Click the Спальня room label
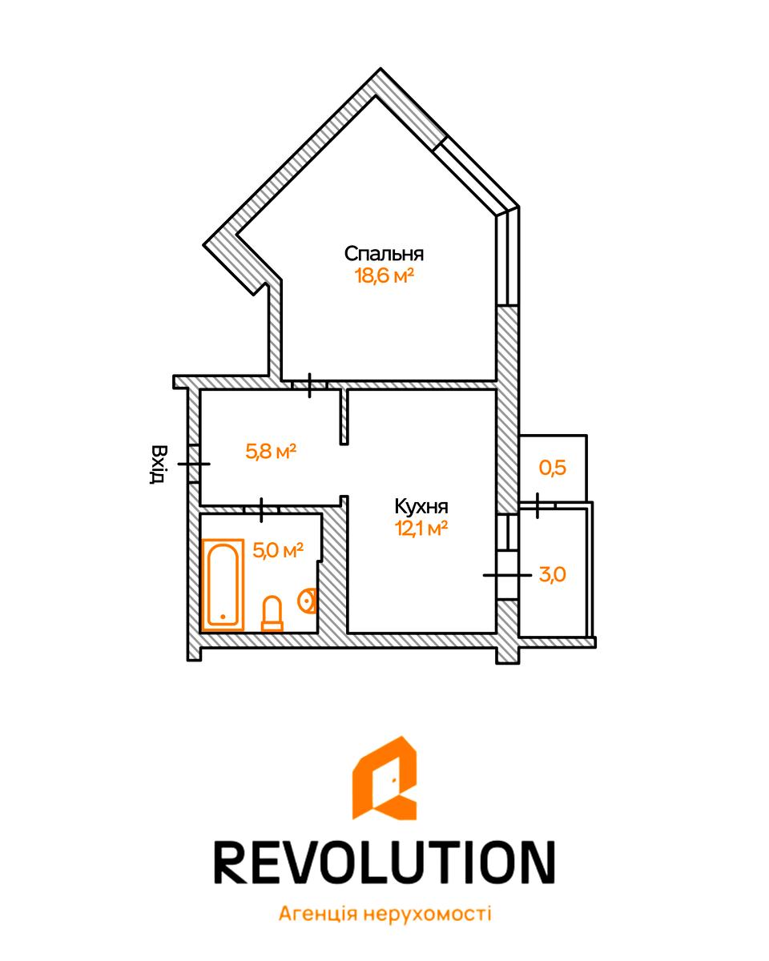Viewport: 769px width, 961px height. coord(384,254)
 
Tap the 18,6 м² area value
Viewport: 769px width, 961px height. coord(384,275)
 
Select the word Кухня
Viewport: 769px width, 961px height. coord(421,507)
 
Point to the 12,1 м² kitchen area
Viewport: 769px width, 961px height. coord(421,529)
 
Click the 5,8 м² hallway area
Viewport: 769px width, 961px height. coord(271,452)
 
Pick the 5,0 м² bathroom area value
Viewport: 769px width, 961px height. coord(278,550)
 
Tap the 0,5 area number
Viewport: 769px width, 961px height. coord(552,468)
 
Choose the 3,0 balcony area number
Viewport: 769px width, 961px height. coord(552,575)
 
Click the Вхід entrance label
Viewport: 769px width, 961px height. coord(157,464)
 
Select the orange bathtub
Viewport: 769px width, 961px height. coord(223,585)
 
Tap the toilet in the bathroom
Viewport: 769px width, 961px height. coord(272,613)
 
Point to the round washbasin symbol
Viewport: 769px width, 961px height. coord(307,600)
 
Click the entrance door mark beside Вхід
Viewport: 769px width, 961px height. coord(194,464)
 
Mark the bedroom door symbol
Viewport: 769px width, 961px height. coord(309,385)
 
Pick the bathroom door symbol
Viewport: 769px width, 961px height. coord(261,510)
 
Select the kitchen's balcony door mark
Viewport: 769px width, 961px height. coord(508,576)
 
